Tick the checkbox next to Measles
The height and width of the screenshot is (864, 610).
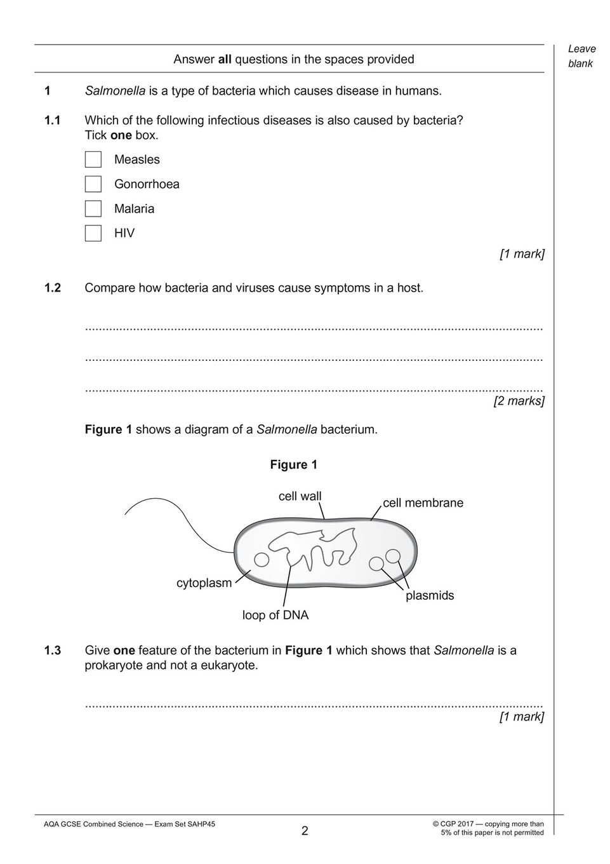coord(93,159)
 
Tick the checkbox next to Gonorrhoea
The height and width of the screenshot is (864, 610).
coord(93,184)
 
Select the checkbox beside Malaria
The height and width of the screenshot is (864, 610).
coord(93,208)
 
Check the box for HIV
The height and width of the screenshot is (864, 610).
coord(93,233)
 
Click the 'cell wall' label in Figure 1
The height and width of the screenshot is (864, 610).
coord(300,496)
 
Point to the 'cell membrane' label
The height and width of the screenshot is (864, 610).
coord(423,503)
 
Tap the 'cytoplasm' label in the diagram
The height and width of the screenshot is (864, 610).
coord(204,583)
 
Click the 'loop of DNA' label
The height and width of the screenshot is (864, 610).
coord(275,615)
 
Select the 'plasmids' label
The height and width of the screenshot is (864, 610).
coord(430,595)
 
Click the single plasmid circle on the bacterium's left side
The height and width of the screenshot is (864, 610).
coord(261,560)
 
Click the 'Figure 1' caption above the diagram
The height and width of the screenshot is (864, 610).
coord(294,464)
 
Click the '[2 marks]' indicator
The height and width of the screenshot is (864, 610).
coord(519,401)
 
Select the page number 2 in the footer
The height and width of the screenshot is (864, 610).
coord(305,831)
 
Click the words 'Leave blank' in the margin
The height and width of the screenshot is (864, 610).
coord(581,56)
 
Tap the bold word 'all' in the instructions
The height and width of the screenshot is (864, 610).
coord(225,60)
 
